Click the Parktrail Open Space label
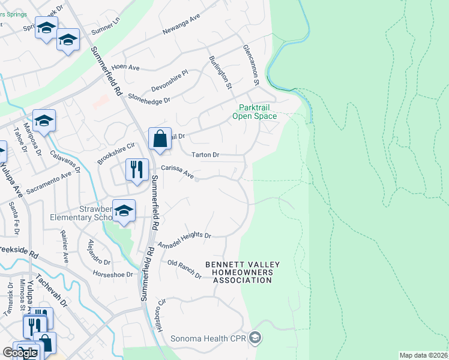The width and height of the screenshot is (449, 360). click(255, 112)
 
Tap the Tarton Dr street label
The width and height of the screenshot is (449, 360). click(205, 155)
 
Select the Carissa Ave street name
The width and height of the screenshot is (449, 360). click(177, 172)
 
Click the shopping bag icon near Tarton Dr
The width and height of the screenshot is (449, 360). click(160, 139)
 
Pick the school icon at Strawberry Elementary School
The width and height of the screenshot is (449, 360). click(124, 211)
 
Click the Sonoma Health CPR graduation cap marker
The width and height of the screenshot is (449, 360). click(256, 338)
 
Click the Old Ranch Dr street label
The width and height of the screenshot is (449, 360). click(185, 269)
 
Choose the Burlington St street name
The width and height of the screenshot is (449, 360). click(220, 72)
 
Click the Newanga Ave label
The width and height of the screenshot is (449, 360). click(181, 26)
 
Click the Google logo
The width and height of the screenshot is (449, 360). click(20, 353)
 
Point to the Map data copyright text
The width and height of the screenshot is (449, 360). click(423, 355)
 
